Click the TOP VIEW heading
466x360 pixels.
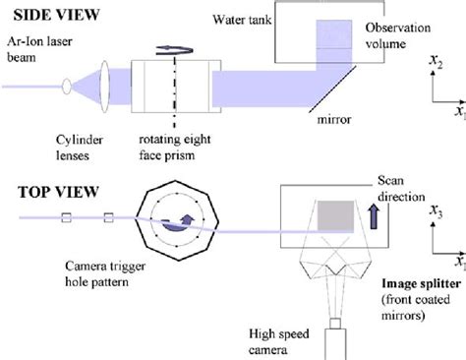tap(51, 192)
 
